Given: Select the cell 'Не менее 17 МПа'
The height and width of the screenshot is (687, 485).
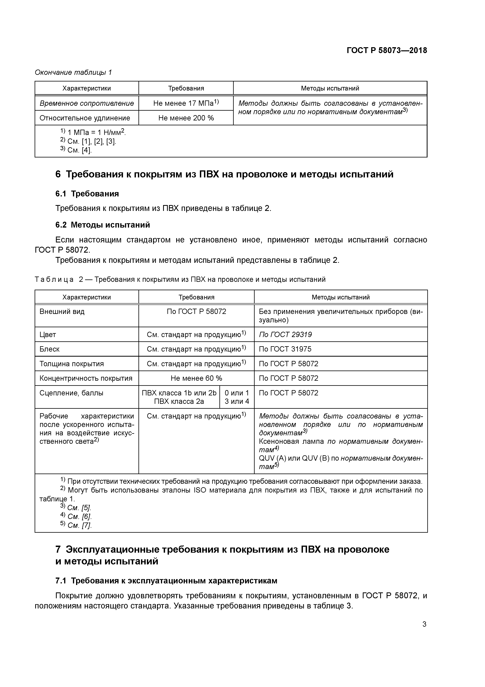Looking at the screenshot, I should tap(186, 103).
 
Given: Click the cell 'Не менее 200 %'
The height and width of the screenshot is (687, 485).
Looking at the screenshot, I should tap(186, 118).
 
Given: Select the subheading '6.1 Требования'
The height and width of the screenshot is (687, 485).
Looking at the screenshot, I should tap(87, 194).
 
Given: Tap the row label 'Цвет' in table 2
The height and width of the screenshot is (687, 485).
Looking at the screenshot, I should tap(48, 334).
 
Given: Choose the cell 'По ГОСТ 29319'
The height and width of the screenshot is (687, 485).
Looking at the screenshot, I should tap(285, 334).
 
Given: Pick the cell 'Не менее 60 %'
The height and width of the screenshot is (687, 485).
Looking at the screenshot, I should tap(196, 378).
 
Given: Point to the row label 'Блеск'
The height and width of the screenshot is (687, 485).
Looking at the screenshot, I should tap(49, 349).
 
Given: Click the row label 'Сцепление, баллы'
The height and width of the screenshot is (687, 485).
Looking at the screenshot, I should tap(71, 393).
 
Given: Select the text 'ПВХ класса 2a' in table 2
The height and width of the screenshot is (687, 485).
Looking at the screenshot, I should tap(179, 401).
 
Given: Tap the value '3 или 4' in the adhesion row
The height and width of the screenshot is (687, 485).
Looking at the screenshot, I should tap(237, 401).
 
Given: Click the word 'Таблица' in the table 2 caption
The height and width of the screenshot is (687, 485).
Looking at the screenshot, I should tap(54, 279).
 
